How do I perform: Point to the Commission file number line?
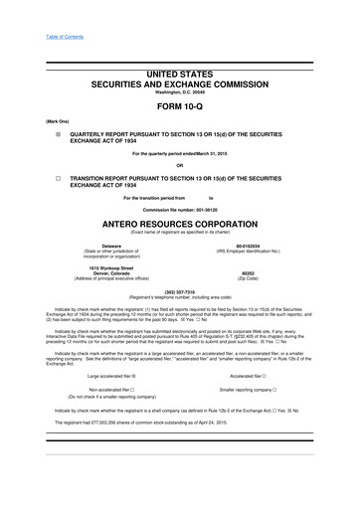(179, 211)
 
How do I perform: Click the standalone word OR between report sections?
(179, 165)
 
